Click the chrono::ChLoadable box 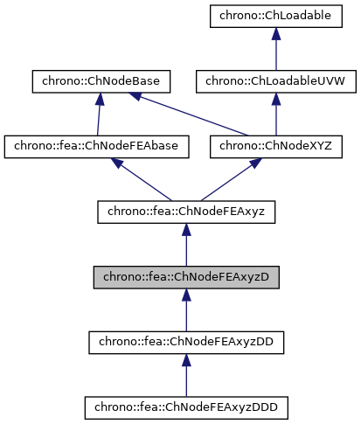[275, 16]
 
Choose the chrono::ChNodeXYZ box [275, 146]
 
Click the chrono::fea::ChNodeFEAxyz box [185, 211]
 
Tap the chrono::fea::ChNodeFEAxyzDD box [185, 341]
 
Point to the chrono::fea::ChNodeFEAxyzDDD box [185, 407]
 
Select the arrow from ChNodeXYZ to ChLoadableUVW [275, 115]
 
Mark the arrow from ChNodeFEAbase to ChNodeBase [98, 115]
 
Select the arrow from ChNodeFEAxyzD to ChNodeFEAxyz [185, 246]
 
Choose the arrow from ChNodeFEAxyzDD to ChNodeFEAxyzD [185, 310]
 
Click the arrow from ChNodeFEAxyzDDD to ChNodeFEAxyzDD [185, 376]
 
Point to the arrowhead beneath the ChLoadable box [275, 33]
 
